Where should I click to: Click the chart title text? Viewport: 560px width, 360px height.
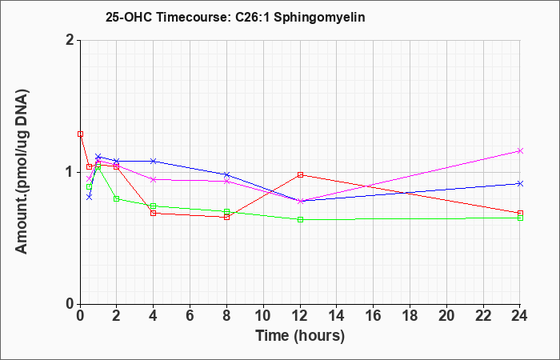click(235, 18)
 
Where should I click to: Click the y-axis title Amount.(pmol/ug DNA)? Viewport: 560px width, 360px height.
click(22, 172)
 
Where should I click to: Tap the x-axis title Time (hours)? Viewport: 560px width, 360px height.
click(300, 336)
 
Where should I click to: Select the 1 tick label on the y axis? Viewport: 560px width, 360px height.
click(70, 172)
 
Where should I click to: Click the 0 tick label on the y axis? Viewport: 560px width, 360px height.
click(70, 304)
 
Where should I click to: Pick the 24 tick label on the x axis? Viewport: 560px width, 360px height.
click(520, 316)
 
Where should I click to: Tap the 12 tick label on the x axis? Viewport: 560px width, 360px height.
click(300, 316)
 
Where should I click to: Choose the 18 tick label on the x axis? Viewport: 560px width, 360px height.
click(410, 316)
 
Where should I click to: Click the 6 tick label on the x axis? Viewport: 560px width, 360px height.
click(190, 316)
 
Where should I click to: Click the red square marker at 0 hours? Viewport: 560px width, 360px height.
click(80, 134)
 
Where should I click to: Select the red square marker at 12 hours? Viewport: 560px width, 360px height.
click(300, 174)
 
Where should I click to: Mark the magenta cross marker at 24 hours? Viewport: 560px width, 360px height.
click(520, 150)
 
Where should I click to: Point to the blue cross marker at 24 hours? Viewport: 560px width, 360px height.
click(520, 183)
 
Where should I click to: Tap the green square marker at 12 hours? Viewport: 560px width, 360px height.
click(300, 220)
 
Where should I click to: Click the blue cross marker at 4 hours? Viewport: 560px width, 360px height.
click(154, 161)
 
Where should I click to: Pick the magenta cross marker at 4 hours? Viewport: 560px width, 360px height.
click(154, 179)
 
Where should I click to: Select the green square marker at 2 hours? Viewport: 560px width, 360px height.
click(117, 198)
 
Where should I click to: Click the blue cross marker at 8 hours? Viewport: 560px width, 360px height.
click(226, 174)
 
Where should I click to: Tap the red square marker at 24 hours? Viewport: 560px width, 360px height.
click(520, 214)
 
